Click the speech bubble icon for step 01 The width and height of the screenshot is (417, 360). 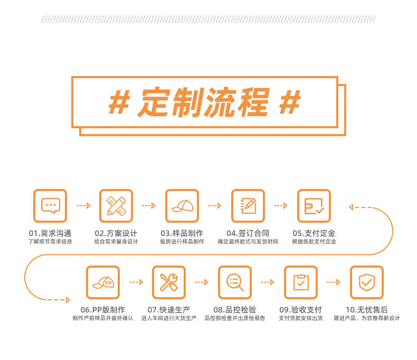(50, 205)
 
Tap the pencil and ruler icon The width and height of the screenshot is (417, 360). (116, 205)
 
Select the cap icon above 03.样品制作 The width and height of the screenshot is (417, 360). (182, 205)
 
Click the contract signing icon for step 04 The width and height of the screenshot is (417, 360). (248, 205)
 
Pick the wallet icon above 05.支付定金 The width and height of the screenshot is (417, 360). (314, 205)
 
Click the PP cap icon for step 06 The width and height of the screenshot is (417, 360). (103, 282)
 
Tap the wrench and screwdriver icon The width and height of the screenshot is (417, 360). (169, 282)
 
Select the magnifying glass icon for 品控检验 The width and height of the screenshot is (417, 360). (235, 282)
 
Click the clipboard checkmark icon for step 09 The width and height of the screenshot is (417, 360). (301, 282)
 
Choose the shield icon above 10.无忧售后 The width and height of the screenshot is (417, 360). (367, 282)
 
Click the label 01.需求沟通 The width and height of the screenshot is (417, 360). (50, 233)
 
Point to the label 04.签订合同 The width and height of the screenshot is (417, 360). (248, 233)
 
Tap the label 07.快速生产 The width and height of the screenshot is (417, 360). (169, 310)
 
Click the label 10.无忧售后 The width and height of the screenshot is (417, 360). (367, 310)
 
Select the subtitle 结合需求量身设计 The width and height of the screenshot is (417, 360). (116, 242)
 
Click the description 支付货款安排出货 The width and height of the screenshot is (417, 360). (301, 318)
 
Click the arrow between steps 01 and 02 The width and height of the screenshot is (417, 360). (83, 205)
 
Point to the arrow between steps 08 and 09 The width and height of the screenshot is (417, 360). (268, 282)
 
